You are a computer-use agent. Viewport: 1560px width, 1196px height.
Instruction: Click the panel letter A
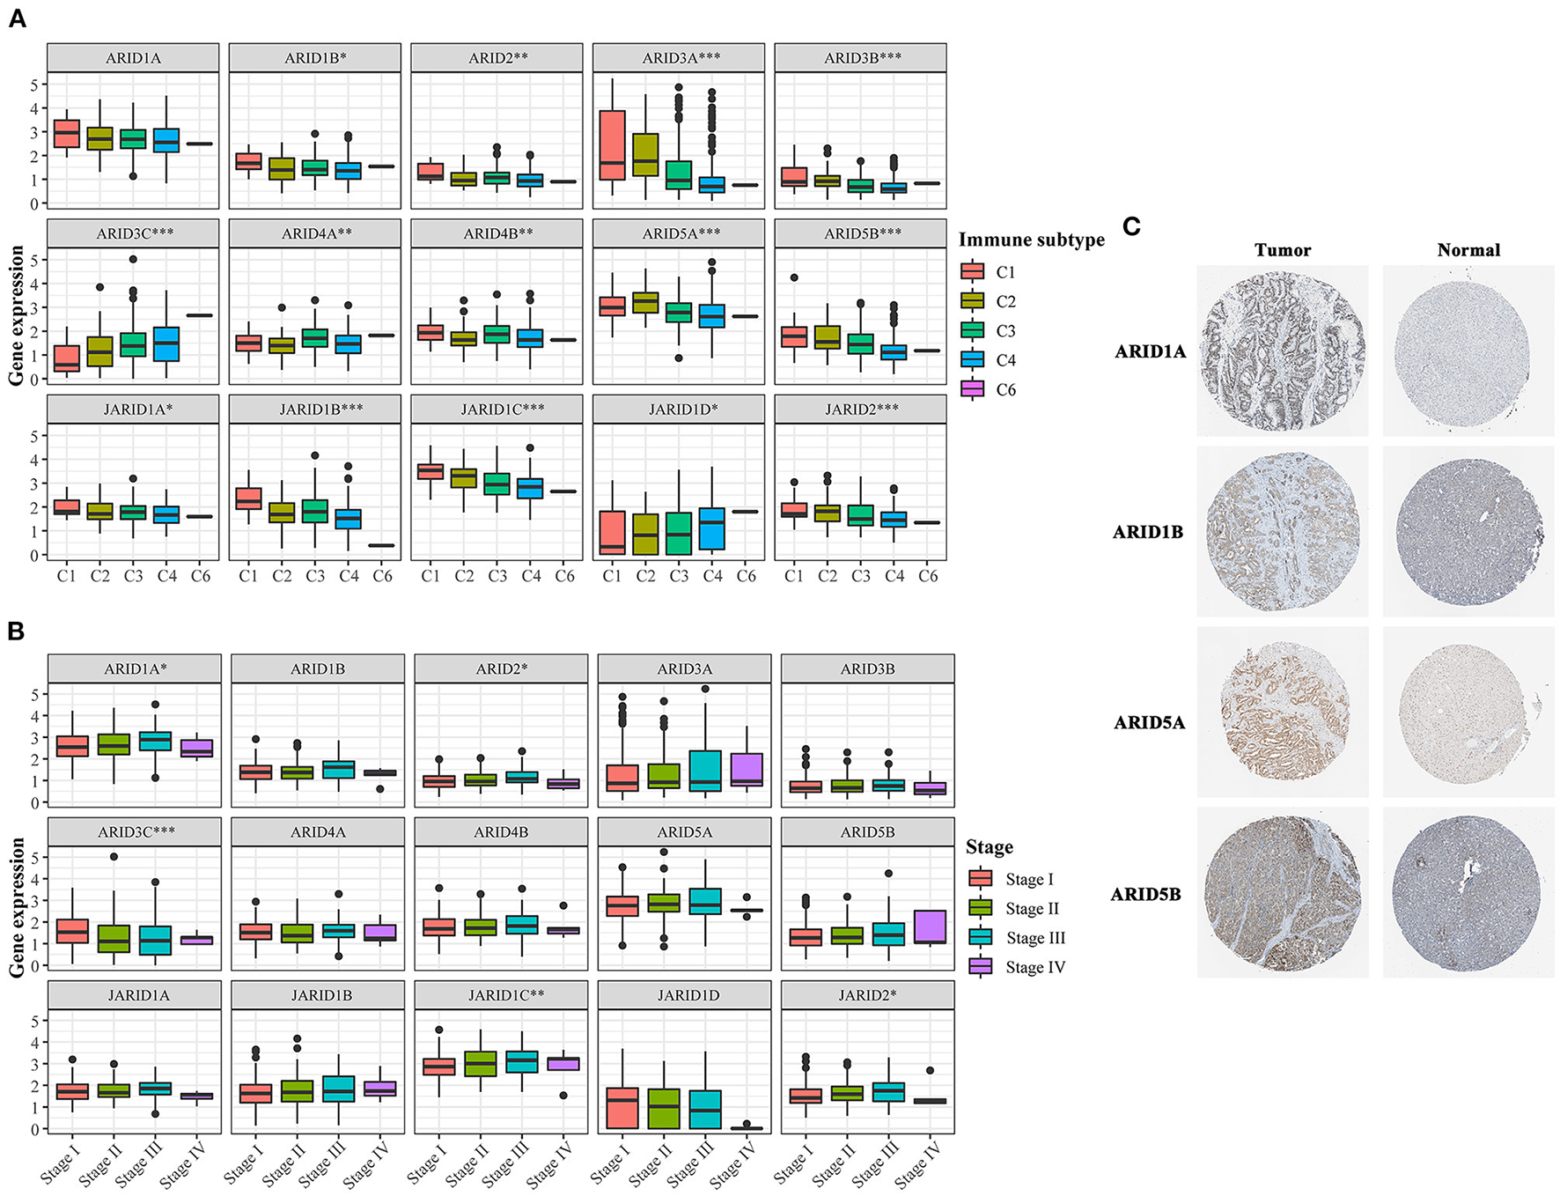[17, 18]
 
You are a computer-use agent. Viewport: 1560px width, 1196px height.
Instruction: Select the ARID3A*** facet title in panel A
[681, 58]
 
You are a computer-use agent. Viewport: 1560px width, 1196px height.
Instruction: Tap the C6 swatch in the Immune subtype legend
[972, 389]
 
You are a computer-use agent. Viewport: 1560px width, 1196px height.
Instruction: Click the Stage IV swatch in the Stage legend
[981, 967]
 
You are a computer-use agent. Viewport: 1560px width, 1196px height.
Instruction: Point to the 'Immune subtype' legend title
[1031, 240]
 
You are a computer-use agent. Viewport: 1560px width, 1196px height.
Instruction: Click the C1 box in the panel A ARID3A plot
[612, 145]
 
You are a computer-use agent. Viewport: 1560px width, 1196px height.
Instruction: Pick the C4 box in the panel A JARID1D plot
[712, 529]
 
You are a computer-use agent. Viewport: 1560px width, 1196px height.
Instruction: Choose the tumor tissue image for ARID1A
[1282, 351]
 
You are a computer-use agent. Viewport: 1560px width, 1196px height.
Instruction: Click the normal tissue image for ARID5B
[1468, 892]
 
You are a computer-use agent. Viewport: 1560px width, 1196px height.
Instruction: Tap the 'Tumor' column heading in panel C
[1283, 250]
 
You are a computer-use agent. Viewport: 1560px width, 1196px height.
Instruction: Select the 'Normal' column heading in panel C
[1468, 250]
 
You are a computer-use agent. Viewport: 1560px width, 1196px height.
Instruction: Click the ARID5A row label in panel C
[1149, 723]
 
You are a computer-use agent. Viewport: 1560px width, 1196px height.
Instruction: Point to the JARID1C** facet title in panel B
[501, 995]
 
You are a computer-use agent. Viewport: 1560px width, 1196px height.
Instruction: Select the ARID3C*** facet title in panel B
[136, 832]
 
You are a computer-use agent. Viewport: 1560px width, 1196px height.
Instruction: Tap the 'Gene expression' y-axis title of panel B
[17, 907]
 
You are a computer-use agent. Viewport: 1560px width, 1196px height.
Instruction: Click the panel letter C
[1131, 227]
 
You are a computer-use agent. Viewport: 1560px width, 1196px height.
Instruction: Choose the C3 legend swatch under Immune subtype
[972, 330]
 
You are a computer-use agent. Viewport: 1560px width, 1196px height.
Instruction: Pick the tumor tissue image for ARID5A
[1282, 712]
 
